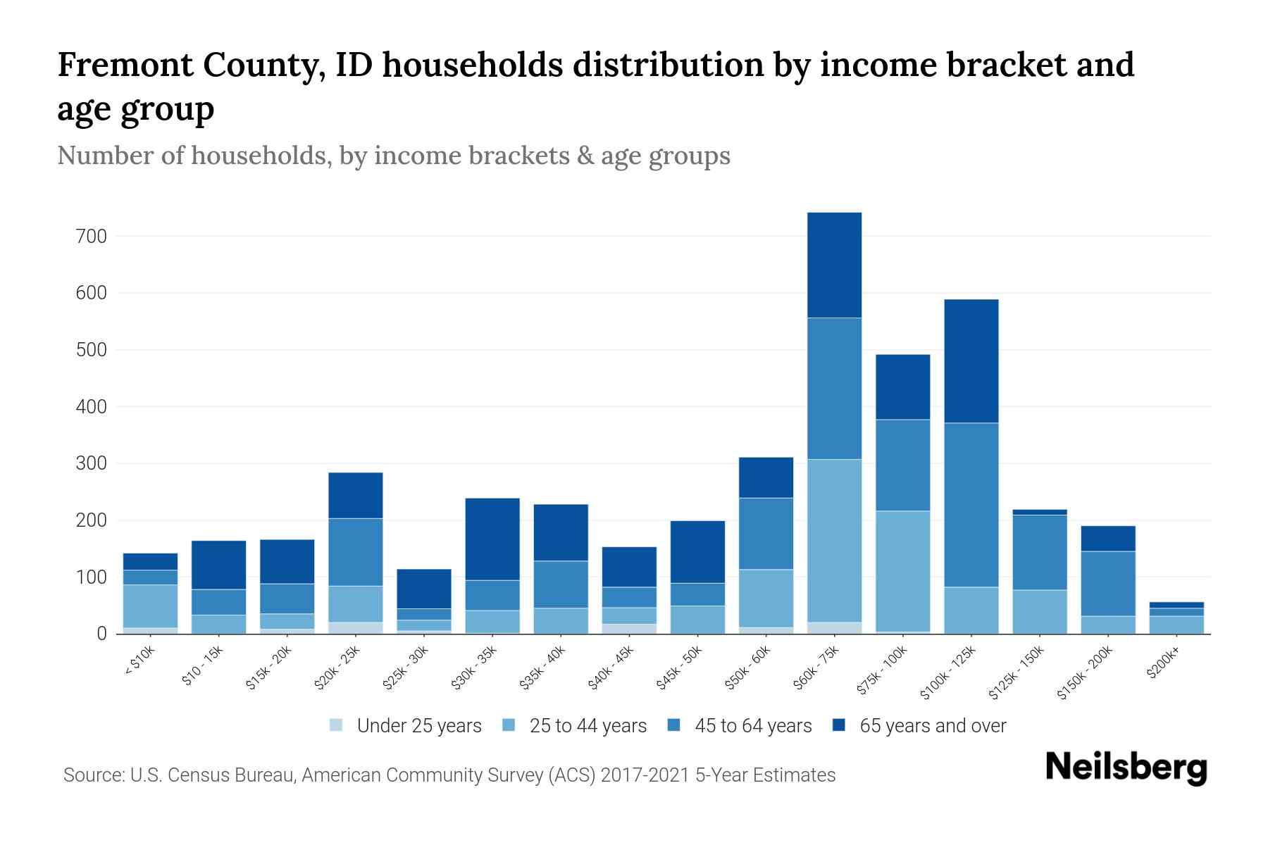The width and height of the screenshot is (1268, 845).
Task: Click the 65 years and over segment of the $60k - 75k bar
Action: point(834,265)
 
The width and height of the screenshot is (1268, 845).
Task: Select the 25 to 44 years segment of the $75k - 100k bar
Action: point(902,570)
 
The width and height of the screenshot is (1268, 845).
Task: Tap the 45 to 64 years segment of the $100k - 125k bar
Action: point(971,504)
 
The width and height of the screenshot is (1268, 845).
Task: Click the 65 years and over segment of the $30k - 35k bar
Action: point(492,539)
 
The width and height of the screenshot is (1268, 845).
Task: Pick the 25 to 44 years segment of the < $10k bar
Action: point(150,606)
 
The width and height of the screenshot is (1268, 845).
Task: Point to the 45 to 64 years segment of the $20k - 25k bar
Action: point(356,552)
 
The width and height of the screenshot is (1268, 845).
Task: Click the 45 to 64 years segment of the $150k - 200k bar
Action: point(1108,583)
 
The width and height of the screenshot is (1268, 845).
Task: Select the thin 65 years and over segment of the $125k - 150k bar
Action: point(1039,512)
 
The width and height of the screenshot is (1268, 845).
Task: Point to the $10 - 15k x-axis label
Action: point(203,666)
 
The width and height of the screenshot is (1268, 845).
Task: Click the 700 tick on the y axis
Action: point(92,236)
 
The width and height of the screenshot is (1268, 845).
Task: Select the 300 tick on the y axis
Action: point(92,463)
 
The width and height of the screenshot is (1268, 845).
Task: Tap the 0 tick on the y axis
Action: point(102,634)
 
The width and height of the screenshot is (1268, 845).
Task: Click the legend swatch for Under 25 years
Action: point(337,725)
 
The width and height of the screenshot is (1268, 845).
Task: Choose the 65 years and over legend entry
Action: point(932,725)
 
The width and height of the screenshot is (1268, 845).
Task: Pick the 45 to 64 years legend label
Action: point(753,725)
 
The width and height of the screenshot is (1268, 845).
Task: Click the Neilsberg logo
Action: point(1126,768)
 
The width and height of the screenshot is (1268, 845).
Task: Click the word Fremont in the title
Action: point(124,65)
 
